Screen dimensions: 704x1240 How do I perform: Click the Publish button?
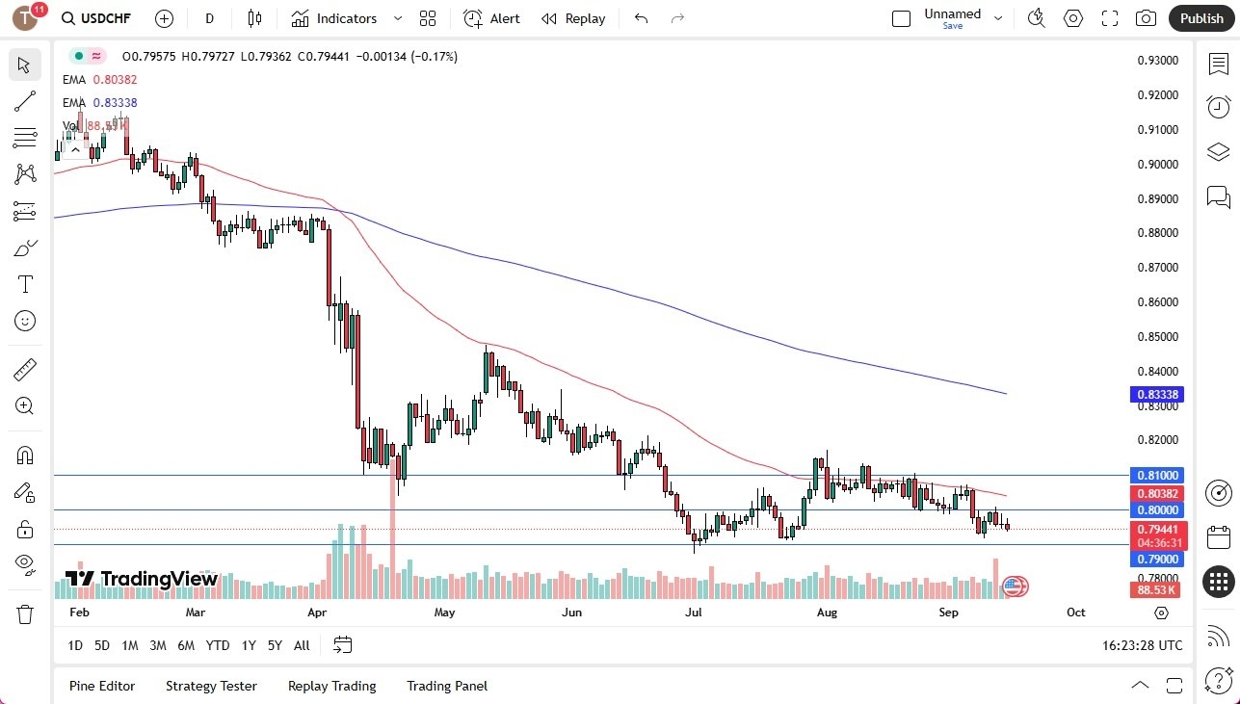(x=1201, y=18)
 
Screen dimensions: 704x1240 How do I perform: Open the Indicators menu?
(x=346, y=18)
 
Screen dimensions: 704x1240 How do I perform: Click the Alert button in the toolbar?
(x=491, y=18)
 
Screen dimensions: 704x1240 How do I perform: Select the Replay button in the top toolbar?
(x=573, y=18)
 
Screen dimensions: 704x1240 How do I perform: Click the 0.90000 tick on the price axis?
(x=1157, y=164)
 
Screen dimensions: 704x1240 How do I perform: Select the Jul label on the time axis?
(x=693, y=613)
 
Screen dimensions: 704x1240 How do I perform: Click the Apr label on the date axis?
(x=316, y=613)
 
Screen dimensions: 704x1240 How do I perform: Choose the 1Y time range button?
(x=249, y=645)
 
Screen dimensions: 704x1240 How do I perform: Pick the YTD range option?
(x=218, y=645)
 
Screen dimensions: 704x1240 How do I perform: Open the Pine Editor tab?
(x=102, y=686)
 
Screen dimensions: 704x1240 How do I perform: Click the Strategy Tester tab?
(x=211, y=686)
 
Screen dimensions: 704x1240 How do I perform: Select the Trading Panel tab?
(x=447, y=686)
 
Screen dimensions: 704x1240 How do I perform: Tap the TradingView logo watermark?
(x=141, y=579)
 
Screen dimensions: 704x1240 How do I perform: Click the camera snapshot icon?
(x=1146, y=18)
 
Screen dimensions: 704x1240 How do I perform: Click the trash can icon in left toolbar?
(x=25, y=613)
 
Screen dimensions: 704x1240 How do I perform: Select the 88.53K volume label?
(x=1154, y=589)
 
